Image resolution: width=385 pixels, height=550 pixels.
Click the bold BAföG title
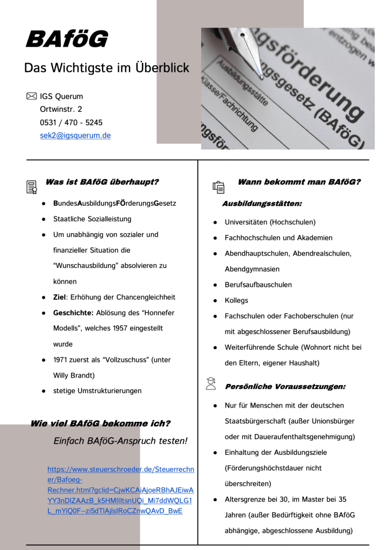coord(67,39)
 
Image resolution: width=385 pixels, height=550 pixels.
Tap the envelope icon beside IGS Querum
coord(31,96)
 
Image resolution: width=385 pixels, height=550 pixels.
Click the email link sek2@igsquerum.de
coord(75,135)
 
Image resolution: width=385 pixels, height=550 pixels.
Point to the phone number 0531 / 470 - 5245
coord(71,122)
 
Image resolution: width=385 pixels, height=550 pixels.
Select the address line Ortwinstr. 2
coord(61,109)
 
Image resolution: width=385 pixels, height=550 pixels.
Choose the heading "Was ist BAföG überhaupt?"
coord(102,182)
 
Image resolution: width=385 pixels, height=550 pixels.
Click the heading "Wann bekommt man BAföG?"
coord(298,182)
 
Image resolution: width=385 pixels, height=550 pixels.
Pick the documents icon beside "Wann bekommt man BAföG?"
coord(218,186)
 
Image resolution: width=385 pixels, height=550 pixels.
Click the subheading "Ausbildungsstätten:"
coord(262,204)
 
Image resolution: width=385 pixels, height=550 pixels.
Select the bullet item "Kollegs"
coord(236,300)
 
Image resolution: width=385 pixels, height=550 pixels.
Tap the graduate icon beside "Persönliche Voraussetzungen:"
coord(211,383)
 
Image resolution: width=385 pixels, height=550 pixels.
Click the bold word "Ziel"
coord(60,297)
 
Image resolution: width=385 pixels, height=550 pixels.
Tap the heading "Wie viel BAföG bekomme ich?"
coord(100,423)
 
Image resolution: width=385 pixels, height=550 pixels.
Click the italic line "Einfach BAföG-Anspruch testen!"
coord(120,441)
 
